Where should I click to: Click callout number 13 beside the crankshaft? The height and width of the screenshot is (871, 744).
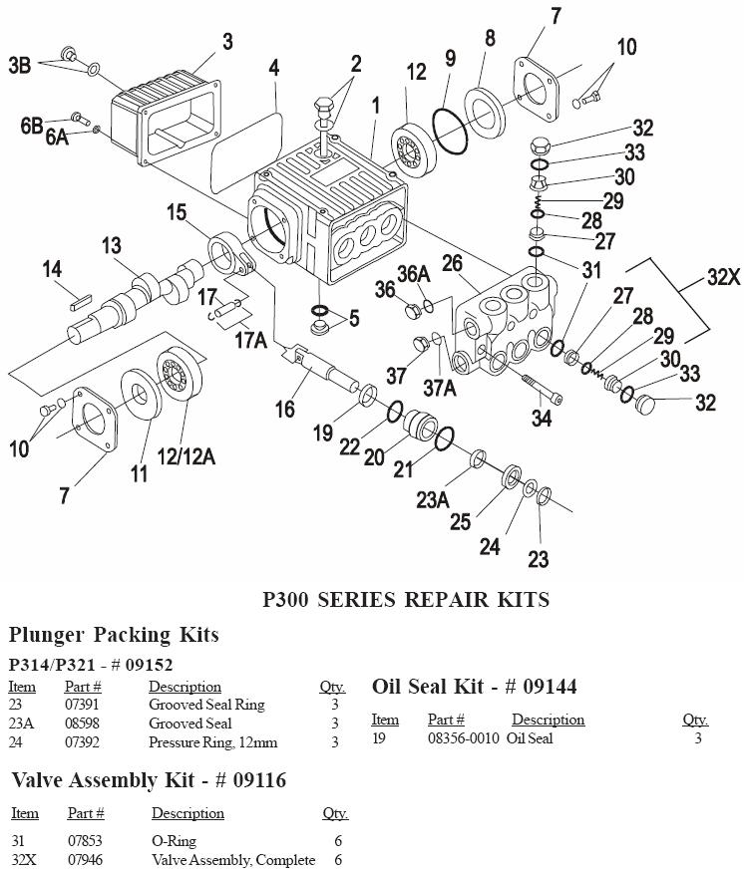tap(112, 245)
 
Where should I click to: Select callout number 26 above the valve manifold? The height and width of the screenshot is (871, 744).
tap(452, 263)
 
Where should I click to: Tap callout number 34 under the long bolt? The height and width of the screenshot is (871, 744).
tap(541, 418)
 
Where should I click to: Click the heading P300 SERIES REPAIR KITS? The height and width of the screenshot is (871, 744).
tap(405, 600)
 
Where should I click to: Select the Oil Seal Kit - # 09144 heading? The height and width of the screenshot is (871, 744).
tap(474, 686)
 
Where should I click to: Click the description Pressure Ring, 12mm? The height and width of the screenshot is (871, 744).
tap(212, 742)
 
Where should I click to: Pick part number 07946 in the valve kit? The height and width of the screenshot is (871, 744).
tap(85, 859)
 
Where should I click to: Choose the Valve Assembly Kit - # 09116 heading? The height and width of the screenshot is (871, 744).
tap(149, 780)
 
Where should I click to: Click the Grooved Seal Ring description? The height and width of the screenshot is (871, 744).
tap(206, 705)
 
